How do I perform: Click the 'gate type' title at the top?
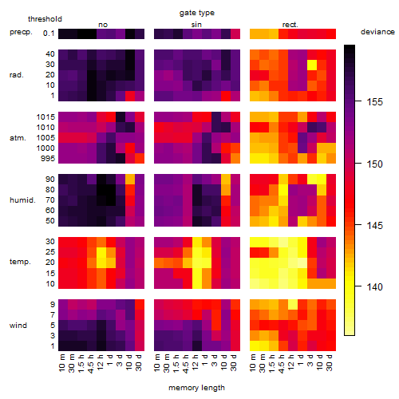tap(197, 13)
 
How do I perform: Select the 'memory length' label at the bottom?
tap(196, 388)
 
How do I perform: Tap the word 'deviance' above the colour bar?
tap(377, 32)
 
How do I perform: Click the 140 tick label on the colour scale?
tap(375, 287)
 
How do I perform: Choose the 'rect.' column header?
tap(290, 25)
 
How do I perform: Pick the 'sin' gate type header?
tap(196, 25)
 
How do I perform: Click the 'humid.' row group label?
tap(22, 200)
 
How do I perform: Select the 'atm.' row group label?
tap(18, 138)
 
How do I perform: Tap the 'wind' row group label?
tap(18, 326)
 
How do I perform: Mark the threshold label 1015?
tap(45, 117)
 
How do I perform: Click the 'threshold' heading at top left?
tap(45, 19)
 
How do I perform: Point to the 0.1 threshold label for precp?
tap(49, 34)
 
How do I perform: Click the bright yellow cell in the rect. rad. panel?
tap(312, 65)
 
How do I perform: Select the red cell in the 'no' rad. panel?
tap(130, 96)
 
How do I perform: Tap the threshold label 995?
tap(48, 159)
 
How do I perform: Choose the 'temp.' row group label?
tap(20, 262)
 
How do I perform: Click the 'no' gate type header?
tap(103, 25)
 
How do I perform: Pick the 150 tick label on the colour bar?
tap(375, 164)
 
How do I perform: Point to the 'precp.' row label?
tap(21, 32)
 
